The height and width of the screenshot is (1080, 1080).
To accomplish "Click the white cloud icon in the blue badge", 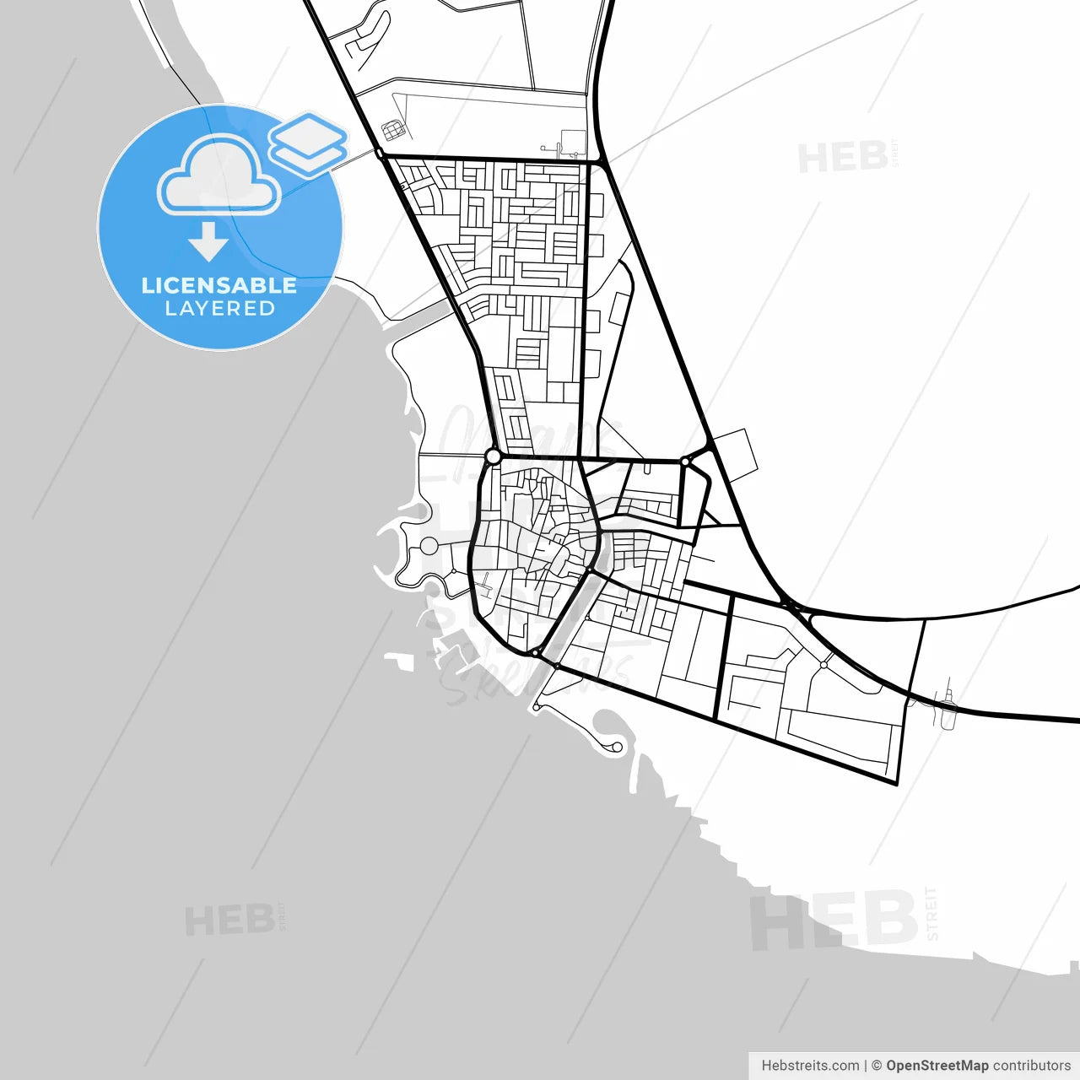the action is (219, 177).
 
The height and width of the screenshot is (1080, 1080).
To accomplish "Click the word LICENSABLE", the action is (219, 285).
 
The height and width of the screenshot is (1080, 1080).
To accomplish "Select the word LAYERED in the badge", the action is (219, 309).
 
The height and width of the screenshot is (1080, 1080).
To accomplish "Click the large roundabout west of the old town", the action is (494, 456).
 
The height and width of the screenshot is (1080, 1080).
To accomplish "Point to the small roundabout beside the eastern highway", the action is (686, 462).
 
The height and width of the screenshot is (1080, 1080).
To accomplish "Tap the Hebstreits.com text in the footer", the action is (810, 1066).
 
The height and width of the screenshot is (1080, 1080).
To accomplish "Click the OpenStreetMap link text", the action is (937, 1066).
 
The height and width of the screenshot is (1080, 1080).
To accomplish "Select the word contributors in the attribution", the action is (1031, 1066).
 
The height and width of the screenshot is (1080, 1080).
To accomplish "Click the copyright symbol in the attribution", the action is (877, 1066).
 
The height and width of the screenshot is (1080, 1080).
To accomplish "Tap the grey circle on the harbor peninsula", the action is (429, 546).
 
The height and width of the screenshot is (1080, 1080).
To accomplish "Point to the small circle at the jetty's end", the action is (617, 747).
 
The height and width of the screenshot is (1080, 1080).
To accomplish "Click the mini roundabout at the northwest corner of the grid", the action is (381, 154).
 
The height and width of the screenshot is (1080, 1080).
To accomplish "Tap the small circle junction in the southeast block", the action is (823, 665).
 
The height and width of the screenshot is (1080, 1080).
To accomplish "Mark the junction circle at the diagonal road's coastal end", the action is (535, 652).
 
